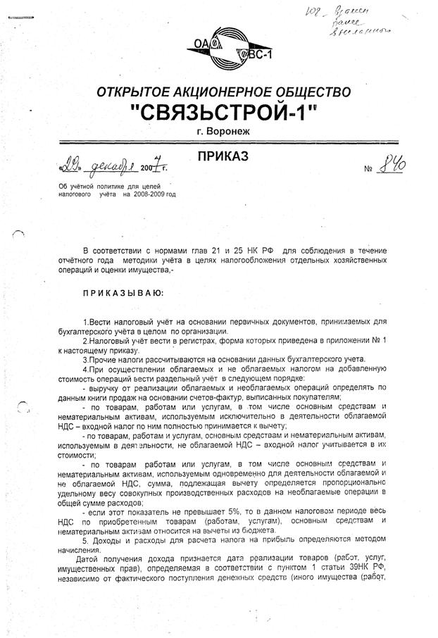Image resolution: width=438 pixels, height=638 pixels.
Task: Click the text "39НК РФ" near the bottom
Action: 370,587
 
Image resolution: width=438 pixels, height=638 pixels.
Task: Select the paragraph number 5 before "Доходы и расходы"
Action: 85,540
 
